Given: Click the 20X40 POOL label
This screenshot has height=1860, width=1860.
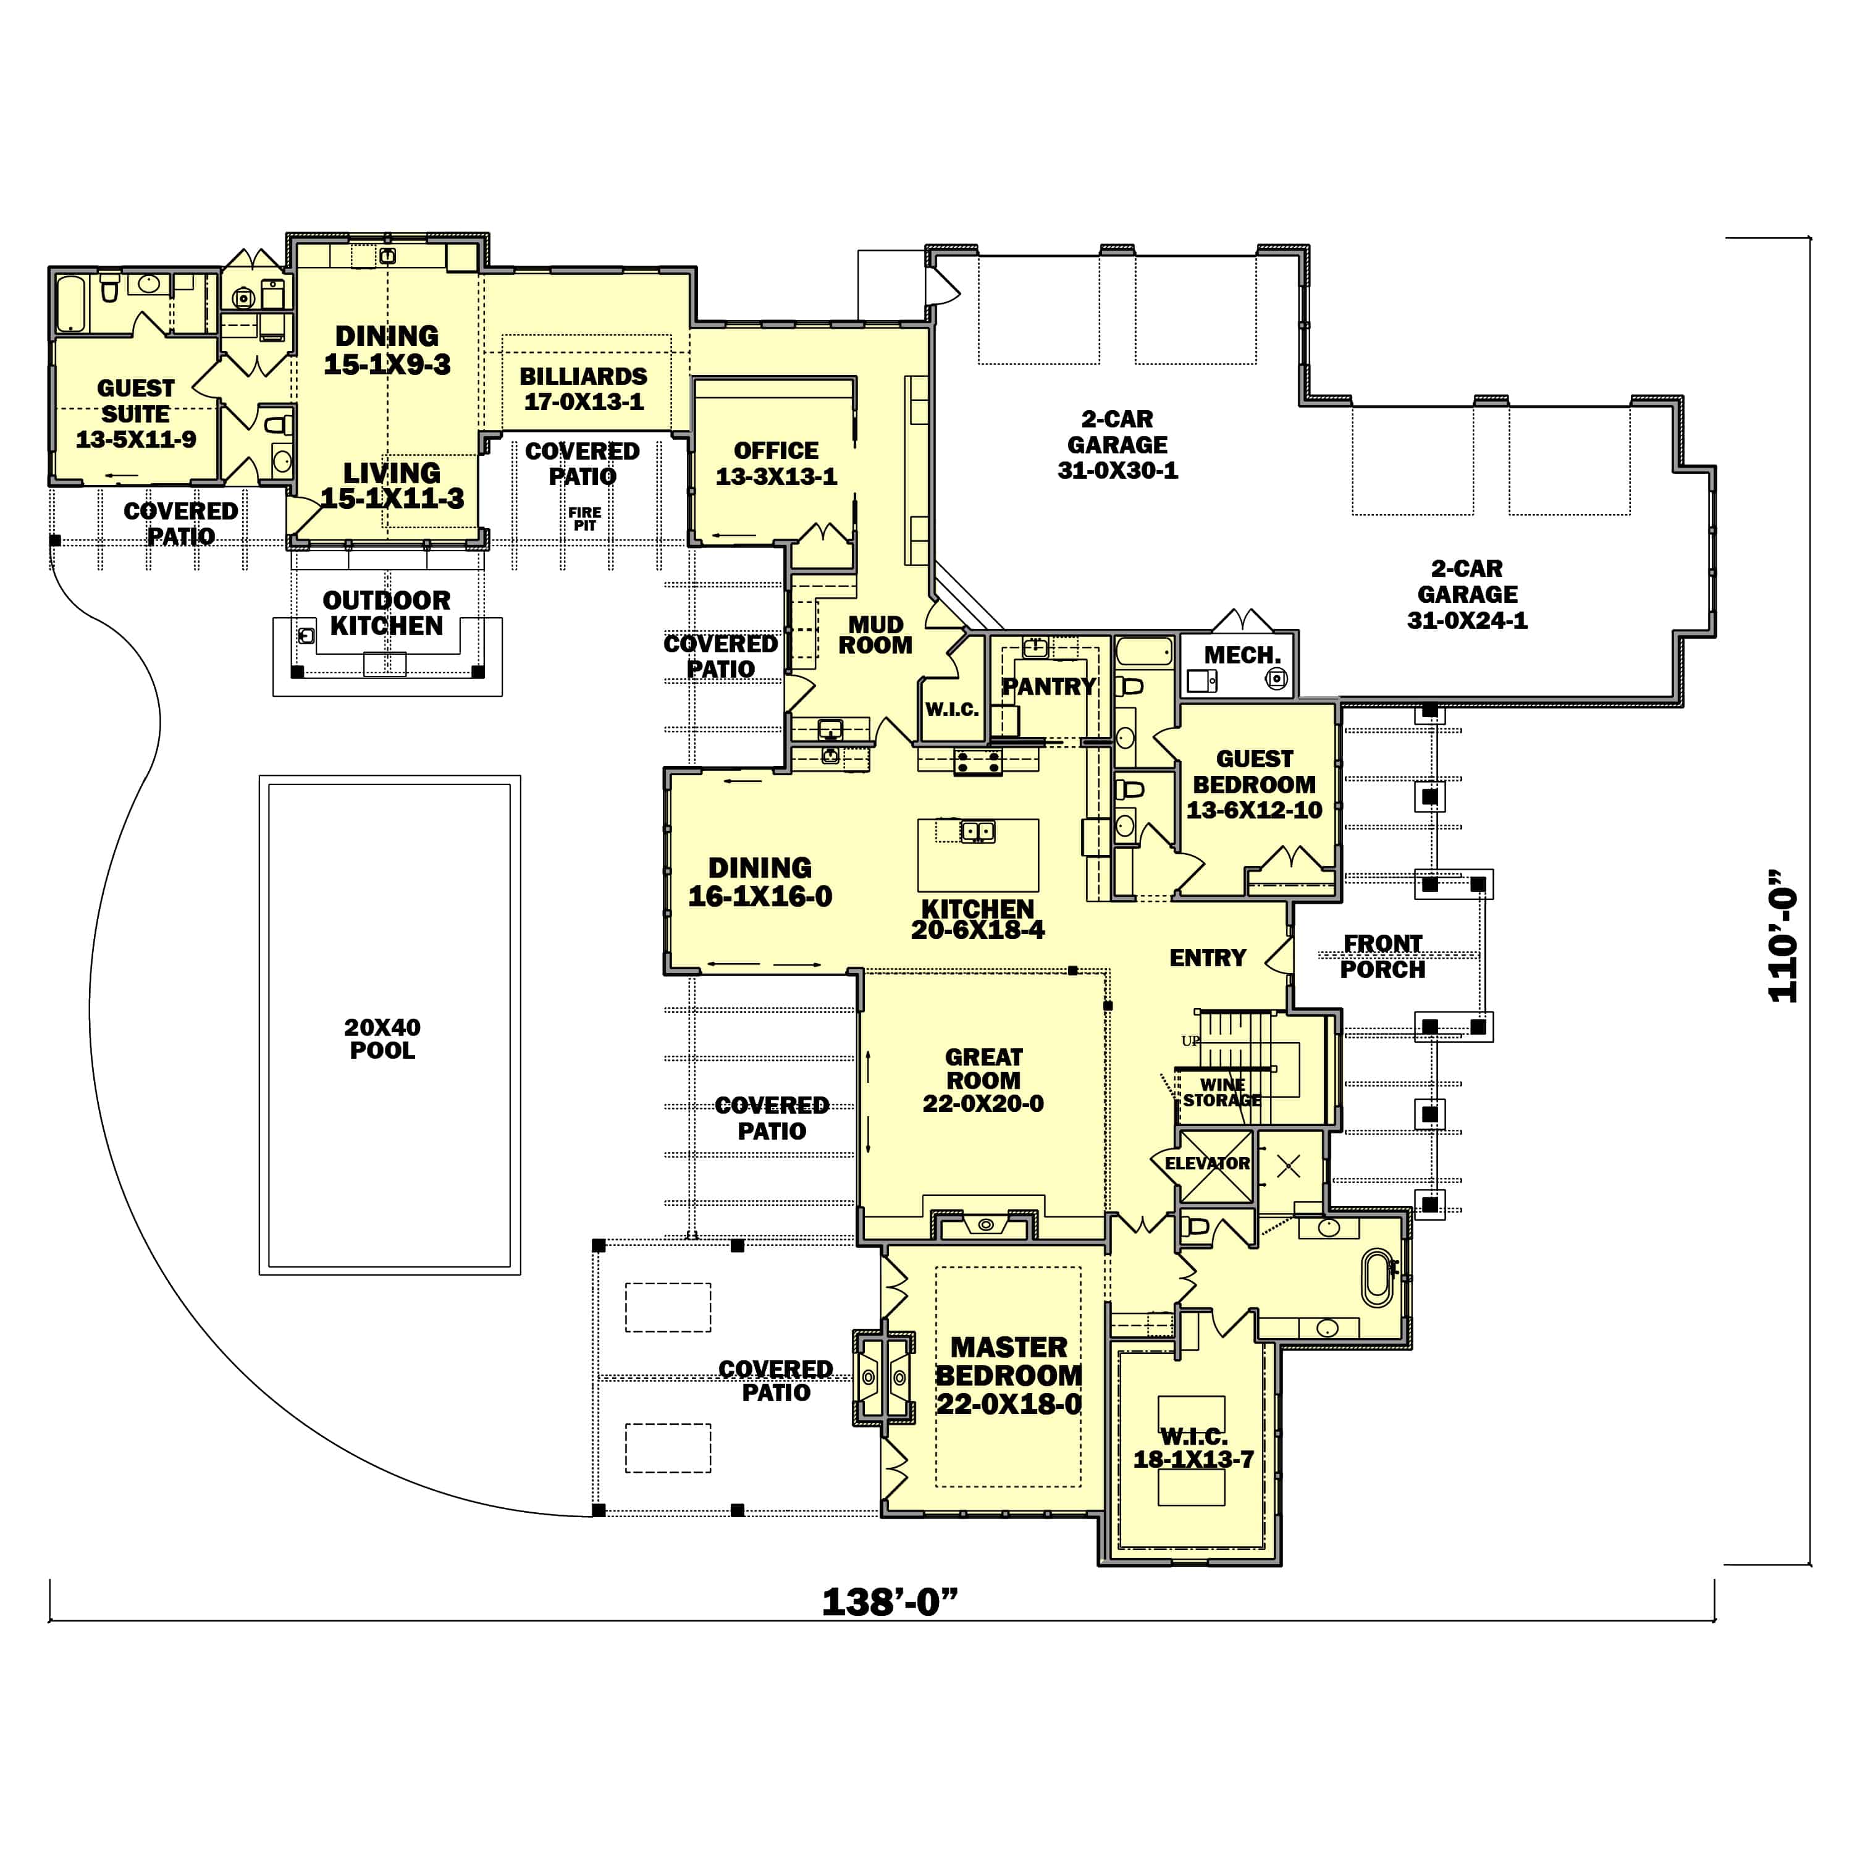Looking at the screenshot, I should point(382,1039).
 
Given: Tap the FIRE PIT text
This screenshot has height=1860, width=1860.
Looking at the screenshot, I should point(584,519).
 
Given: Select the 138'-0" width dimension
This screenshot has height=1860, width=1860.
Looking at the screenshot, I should point(890,1602).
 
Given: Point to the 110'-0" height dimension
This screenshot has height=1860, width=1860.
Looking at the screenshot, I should point(1782,936).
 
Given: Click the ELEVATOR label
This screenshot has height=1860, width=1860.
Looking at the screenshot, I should point(1206,1164).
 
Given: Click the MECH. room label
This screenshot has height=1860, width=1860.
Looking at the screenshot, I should point(1242,655).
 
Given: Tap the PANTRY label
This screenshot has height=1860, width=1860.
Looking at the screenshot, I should point(1048,686).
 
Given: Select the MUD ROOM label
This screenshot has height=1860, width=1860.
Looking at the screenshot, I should point(875,636).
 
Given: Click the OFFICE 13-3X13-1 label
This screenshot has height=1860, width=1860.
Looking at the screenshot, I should point(776,463).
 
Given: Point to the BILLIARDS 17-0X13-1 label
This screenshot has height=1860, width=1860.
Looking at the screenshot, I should point(583,389).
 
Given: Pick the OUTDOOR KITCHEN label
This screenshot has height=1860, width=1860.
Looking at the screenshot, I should point(386,613).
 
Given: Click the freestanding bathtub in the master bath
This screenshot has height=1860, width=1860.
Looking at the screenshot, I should point(1378,1277).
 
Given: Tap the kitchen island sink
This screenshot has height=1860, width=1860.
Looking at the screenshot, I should point(977,831).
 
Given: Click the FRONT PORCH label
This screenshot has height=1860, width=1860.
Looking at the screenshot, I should point(1382,957).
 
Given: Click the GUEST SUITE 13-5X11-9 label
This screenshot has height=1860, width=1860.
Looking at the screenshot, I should point(136,414).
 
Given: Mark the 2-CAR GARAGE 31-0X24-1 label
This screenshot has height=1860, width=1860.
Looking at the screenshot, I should point(1467,595).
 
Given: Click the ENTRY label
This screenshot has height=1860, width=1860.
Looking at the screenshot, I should point(1207,958).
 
